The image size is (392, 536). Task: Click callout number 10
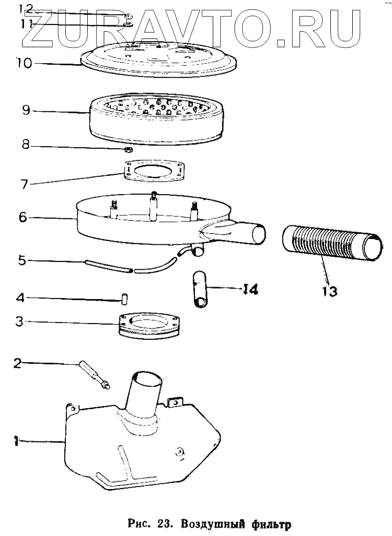click(24, 63)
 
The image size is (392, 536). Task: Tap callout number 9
click(28, 111)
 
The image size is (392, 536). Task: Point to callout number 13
click(329, 291)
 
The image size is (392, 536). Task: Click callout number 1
click(16, 442)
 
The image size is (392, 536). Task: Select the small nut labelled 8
click(129, 150)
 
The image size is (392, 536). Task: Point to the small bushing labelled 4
click(125, 299)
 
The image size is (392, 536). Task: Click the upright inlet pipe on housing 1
click(148, 391)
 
